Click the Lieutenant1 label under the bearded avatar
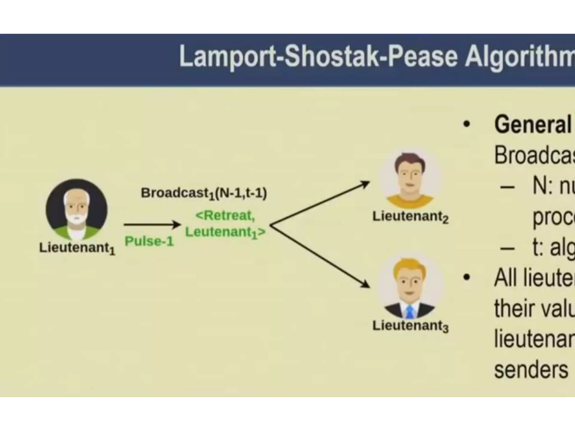pos(77,248)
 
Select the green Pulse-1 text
pos(149,241)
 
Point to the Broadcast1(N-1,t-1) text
pos(204,193)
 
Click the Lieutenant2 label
pos(410,217)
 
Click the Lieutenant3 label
pos(410,326)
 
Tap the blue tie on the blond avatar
pos(410,312)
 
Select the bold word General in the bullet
pos(533,125)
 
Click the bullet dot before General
pos(466,124)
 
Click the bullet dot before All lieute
pos(466,278)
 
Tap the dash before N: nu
pos(507,187)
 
